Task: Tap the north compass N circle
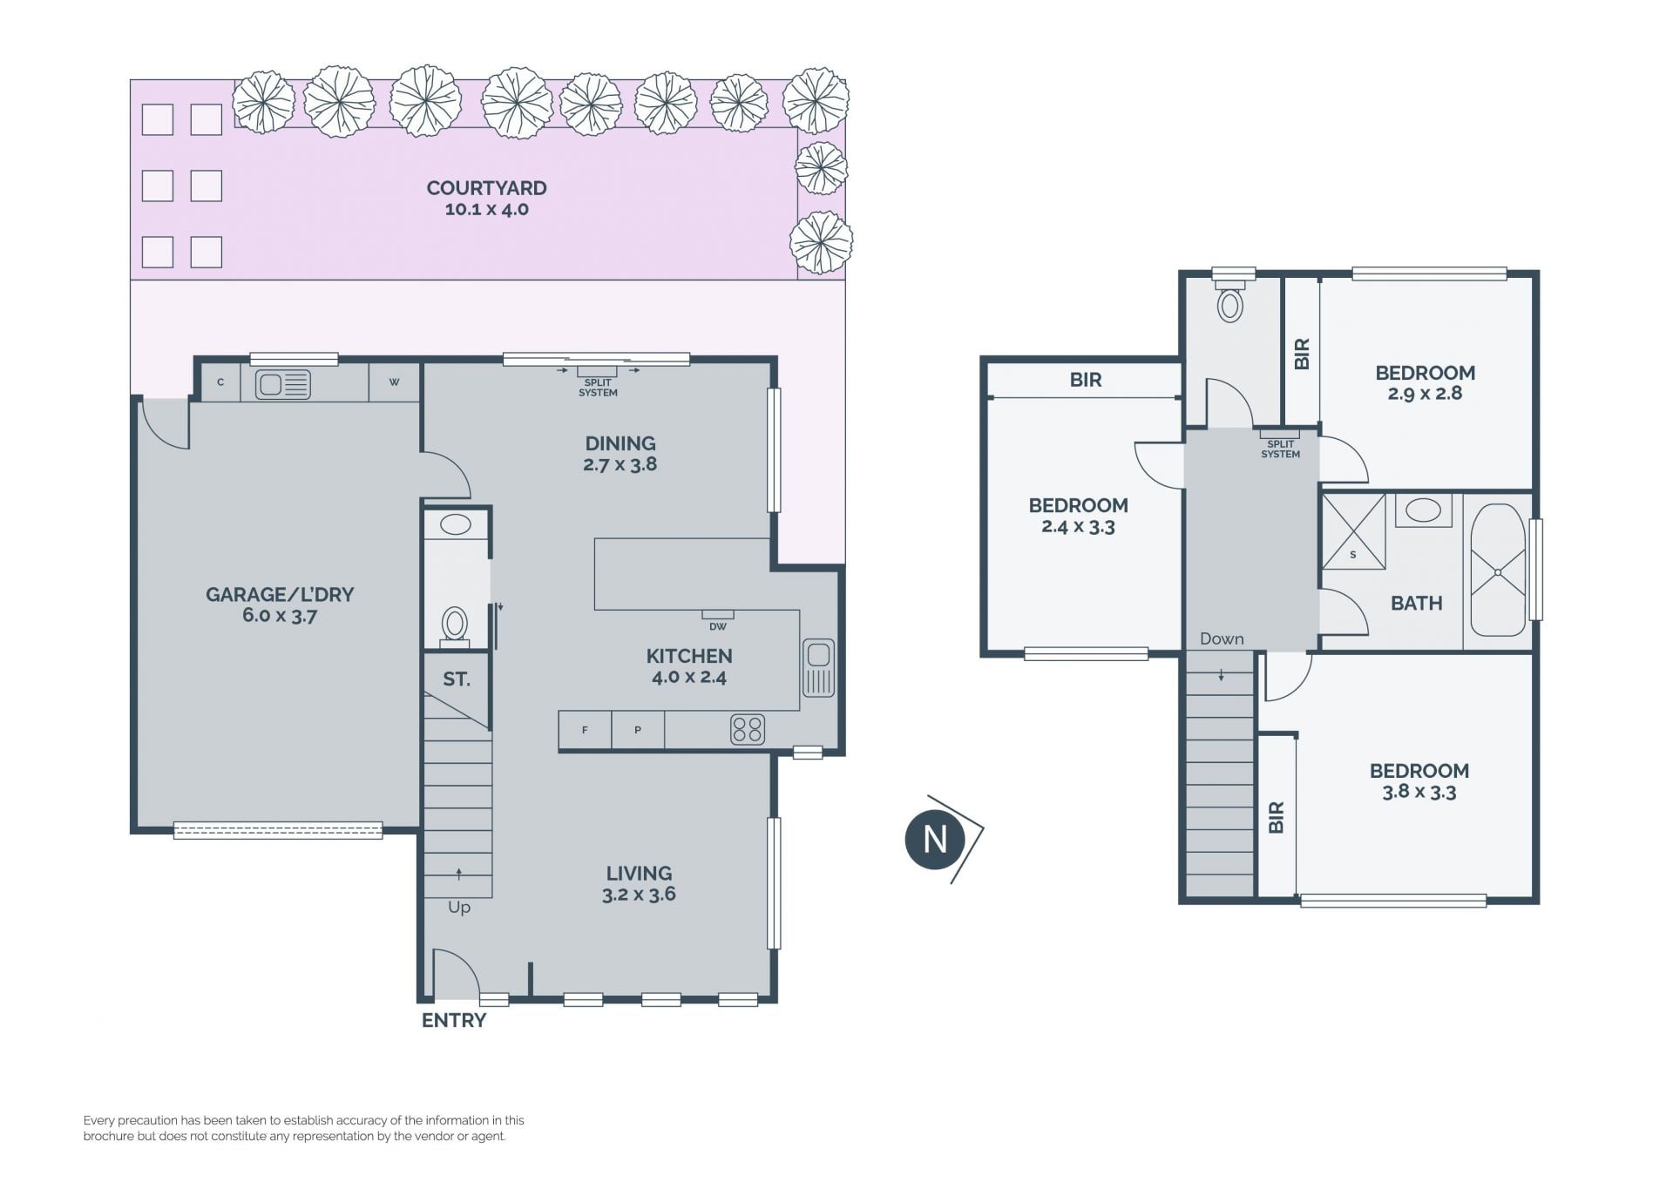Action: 935,840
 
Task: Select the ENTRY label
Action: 454,1021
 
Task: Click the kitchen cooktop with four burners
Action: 748,729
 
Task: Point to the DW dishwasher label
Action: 718,626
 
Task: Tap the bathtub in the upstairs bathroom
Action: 1498,571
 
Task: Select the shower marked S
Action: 1353,532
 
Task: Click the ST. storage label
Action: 457,679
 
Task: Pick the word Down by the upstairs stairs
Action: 1222,639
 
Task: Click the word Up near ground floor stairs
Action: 459,908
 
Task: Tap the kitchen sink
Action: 818,668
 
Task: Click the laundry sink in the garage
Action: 283,383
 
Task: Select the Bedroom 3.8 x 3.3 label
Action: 1419,781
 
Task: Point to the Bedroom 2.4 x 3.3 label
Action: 1079,516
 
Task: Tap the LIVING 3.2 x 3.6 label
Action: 639,883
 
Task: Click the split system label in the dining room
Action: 598,388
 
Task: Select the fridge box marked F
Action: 585,730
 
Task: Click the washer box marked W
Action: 394,382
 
